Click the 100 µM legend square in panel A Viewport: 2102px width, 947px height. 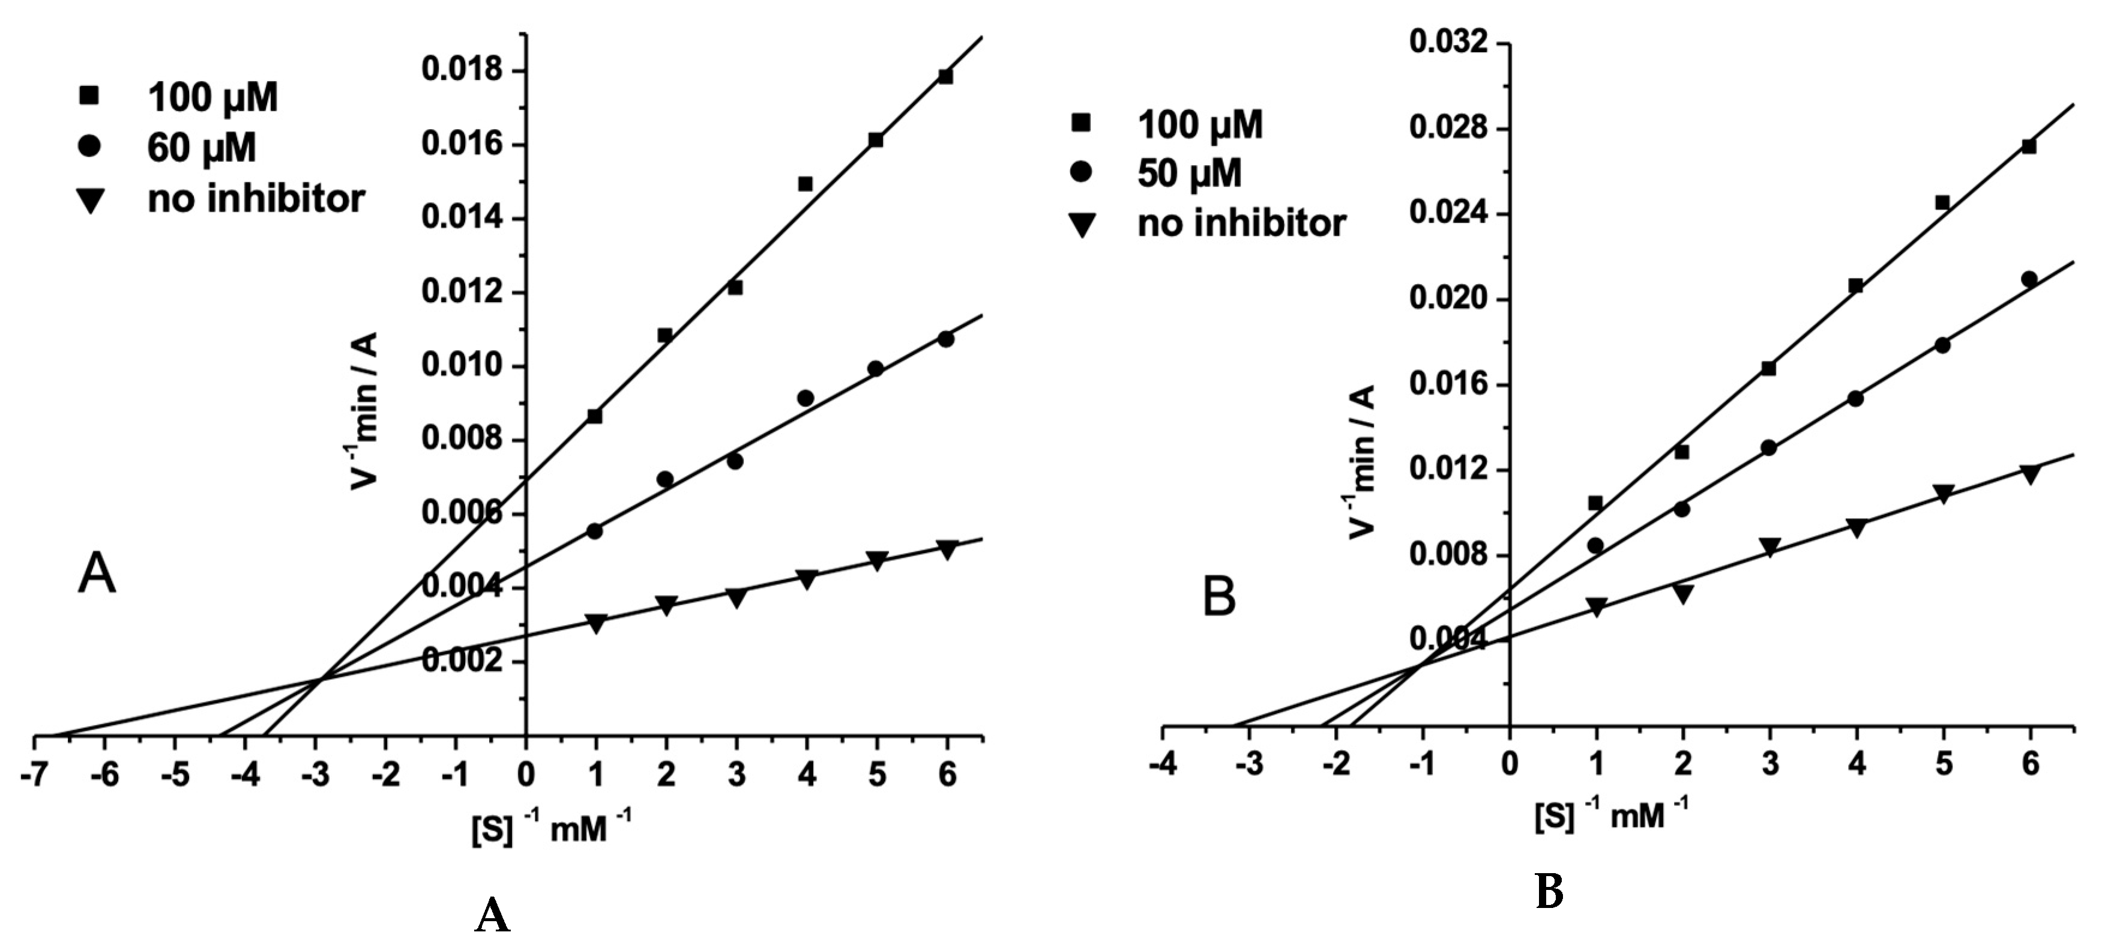pos(88,96)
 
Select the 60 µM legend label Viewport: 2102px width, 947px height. pos(202,148)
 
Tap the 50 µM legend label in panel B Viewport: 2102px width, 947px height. pos(1189,173)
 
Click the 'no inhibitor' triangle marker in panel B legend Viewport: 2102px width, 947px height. pos(1082,223)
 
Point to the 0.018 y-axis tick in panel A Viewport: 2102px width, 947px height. pos(472,70)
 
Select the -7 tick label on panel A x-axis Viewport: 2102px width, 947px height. pos(34,774)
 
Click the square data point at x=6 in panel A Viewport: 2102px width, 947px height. pos(946,77)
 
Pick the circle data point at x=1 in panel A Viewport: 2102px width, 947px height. pos(595,531)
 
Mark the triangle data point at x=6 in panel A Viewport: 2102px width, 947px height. pos(947,549)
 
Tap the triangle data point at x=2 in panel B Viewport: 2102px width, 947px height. pos(1682,593)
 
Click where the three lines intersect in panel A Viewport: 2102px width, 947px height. pos(321,679)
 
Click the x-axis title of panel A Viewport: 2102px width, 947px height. pos(551,829)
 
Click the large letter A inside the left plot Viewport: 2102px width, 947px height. pos(96,574)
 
